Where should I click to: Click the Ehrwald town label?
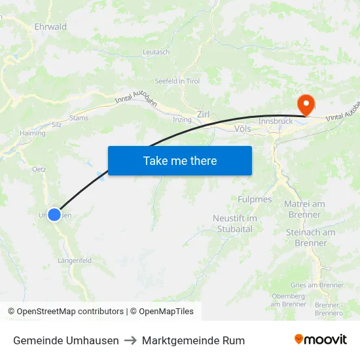pyautogui.click(x=50, y=27)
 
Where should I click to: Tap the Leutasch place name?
pyautogui.click(x=156, y=52)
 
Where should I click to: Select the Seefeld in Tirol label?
pyautogui.click(x=177, y=81)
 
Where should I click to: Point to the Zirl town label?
pyautogui.click(x=203, y=115)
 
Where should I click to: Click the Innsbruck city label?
pyautogui.click(x=275, y=122)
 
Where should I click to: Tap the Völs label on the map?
pyautogui.click(x=242, y=129)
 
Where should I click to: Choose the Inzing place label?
pyautogui.click(x=181, y=120)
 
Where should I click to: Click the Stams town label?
pyautogui.click(x=79, y=118)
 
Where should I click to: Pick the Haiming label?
pyautogui.click(x=33, y=132)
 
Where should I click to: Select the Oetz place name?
pyautogui.click(x=39, y=169)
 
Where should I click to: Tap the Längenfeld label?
pyautogui.click(x=75, y=261)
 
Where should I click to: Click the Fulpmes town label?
pyautogui.click(x=255, y=199)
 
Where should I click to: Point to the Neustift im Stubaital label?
pyautogui.click(x=235, y=223)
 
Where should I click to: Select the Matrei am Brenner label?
pyautogui.click(x=304, y=209)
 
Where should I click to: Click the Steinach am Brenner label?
pyautogui.click(x=310, y=238)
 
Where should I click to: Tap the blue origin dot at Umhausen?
pyautogui.click(x=54, y=215)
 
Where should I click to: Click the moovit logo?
pyautogui.click(x=321, y=340)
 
